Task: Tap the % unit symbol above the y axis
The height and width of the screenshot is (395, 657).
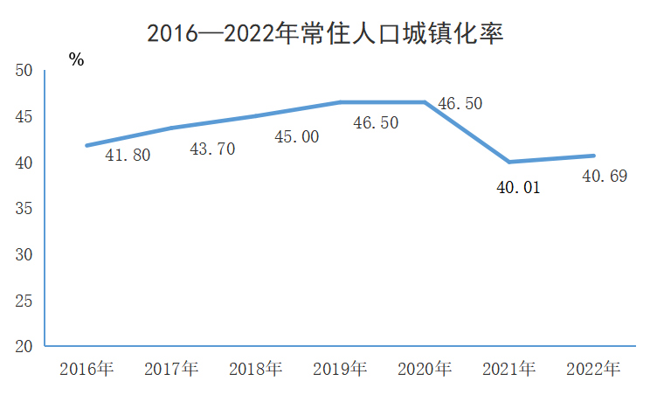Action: tap(77, 60)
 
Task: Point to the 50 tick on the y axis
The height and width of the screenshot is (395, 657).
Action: tap(24, 71)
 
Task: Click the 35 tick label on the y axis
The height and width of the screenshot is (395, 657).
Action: tap(24, 209)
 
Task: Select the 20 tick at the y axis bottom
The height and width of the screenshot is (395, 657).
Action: tap(24, 347)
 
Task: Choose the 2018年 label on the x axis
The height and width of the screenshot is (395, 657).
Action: tap(255, 369)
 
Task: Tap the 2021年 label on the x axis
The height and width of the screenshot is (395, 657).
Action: tap(508, 369)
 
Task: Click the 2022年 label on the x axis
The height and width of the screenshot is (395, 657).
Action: tap(593, 369)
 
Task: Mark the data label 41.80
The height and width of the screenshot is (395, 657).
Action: tap(128, 156)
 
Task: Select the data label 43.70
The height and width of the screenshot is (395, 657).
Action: tap(212, 149)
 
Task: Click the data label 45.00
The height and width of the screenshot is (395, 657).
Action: tap(297, 136)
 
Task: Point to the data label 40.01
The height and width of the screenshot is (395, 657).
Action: tap(518, 184)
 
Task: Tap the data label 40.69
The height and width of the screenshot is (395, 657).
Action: tap(604, 177)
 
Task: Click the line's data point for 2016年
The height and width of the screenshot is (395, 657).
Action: tap(86, 145)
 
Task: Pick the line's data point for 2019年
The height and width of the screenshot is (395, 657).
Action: tap(340, 102)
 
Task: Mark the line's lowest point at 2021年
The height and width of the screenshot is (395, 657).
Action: tap(508, 162)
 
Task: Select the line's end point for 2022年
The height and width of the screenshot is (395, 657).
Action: tap(593, 156)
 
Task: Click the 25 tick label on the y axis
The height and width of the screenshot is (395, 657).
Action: tap(24, 301)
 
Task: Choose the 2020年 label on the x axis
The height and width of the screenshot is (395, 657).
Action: tap(425, 369)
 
